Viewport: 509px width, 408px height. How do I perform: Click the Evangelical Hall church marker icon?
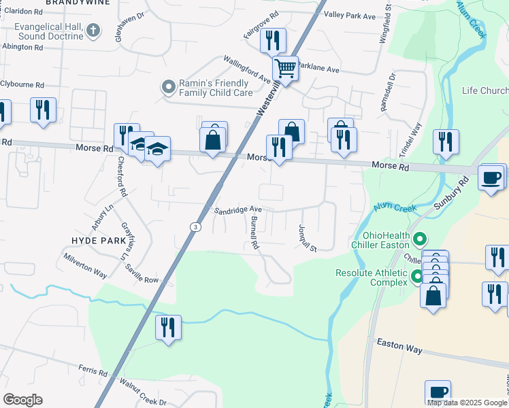[94, 31]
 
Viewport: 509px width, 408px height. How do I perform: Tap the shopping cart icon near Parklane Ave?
[286, 68]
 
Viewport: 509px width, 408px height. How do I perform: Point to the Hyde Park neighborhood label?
[99, 241]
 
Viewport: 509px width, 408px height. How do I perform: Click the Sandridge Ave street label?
[237, 209]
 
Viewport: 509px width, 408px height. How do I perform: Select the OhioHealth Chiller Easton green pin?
[420, 239]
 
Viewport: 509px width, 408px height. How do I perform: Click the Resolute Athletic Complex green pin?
[416, 275]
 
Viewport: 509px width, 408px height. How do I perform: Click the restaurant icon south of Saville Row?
[167, 327]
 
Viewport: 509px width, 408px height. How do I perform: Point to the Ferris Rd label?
[93, 373]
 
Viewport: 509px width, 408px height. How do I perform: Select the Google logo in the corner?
[22, 400]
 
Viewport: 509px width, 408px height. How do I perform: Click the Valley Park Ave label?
[350, 16]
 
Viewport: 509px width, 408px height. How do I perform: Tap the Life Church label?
[485, 91]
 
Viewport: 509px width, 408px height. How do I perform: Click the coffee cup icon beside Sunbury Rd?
[491, 177]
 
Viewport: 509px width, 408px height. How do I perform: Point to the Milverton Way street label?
[85, 266]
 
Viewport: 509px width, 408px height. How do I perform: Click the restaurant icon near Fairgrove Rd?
[273, 40]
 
